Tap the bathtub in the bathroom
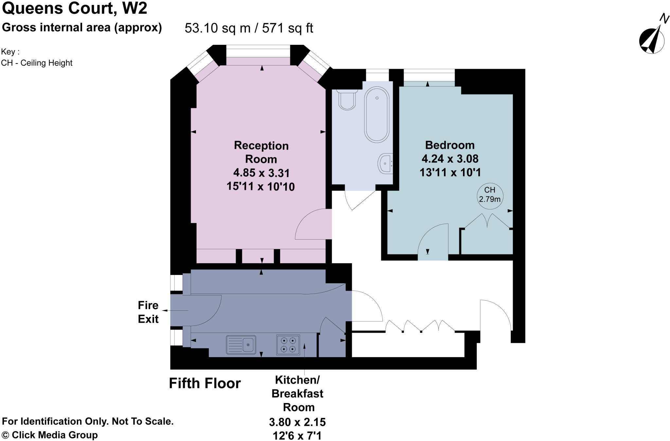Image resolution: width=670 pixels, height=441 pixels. [x=377, y=114]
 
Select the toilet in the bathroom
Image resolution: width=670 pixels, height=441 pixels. [x=347, y=100]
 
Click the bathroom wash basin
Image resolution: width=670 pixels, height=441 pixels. [x=386, y=163]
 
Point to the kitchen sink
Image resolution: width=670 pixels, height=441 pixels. [x=241, y=344]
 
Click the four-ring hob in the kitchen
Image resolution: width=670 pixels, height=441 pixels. [x=288, y=344]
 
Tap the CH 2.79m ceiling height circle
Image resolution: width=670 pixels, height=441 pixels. [x=489, y=195]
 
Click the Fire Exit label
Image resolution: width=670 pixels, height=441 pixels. [x=148, y=312]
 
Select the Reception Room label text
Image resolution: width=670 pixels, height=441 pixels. [x=261, y=152]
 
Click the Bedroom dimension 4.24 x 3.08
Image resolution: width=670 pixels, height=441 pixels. [x=450, y=159]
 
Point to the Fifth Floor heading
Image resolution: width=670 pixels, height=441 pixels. [x=205, y=383]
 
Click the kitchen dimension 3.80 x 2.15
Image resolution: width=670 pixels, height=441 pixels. [x=297, y=422]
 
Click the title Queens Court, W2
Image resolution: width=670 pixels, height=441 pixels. [x=75, y=8]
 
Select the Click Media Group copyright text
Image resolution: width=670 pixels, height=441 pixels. [x=50, y=435]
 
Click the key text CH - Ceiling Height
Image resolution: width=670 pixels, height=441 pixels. [x=37, y=63]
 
